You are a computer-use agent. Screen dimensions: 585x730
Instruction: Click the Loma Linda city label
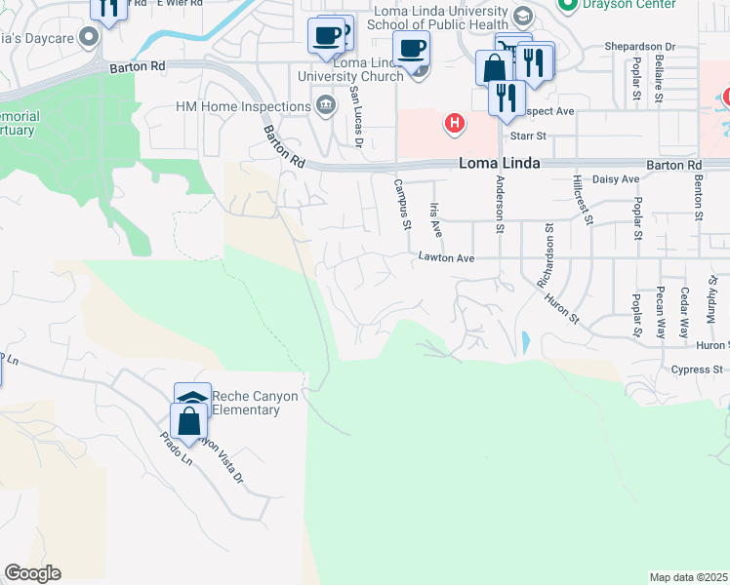(500, 164)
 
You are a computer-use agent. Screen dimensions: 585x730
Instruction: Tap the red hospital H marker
(454, 123)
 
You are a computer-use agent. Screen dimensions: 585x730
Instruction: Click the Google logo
(32, 573)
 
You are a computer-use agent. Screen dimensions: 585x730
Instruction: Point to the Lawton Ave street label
(446, 258)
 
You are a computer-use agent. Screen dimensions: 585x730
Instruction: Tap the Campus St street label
(401, 205)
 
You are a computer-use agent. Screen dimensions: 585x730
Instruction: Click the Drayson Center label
(629, 5)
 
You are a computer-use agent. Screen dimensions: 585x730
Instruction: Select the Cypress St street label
(697, 370)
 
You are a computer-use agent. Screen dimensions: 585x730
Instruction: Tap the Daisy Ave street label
(617, 179)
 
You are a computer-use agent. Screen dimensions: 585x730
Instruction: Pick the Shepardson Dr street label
(640, 46)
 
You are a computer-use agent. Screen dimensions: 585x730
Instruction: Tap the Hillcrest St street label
(583, 200)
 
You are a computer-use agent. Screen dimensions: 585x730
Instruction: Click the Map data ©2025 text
(689, 577)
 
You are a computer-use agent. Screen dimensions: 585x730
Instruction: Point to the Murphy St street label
(713, 303)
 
